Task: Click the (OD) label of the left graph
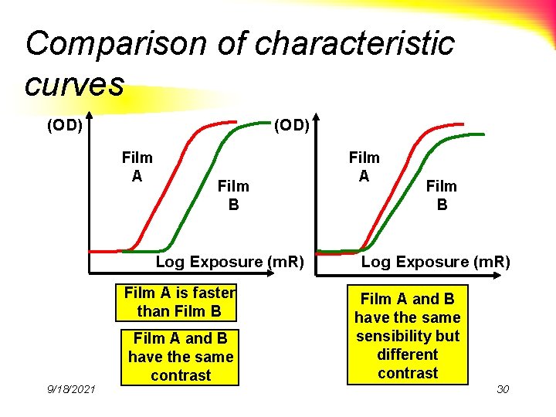point(65,124)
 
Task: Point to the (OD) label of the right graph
point(292,124)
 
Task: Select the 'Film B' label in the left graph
point(233,195)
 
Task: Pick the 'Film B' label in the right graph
point(442,195)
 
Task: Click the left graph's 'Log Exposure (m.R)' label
point(230,262)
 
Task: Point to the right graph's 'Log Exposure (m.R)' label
point(436,262)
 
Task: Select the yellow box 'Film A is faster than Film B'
point(179,302)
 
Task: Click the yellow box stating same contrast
point(181,357)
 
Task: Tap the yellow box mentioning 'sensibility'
point(408,335)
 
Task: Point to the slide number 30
point(503,388)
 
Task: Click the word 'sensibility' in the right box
point(408,336)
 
